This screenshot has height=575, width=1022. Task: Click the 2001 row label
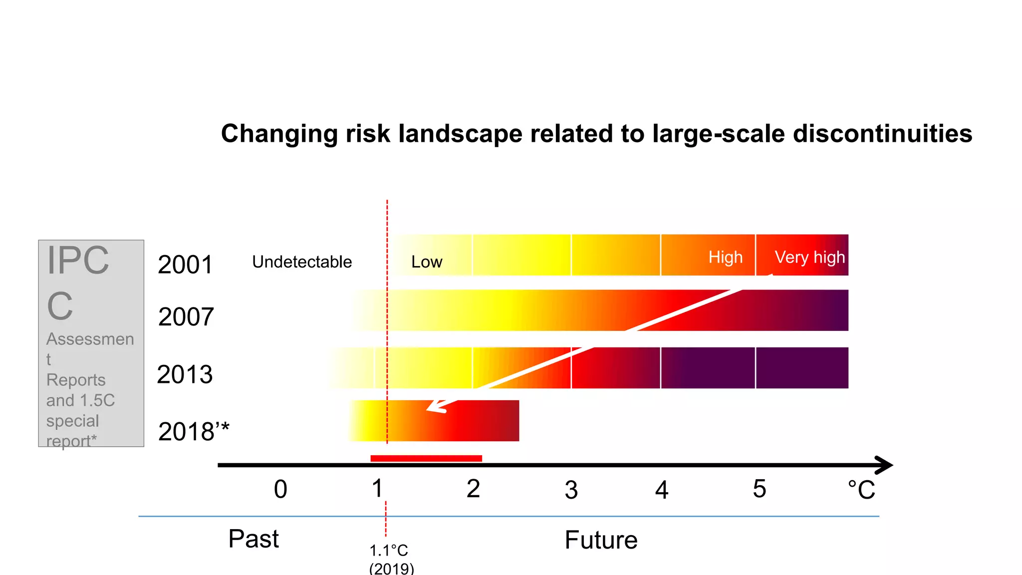click(185, 265)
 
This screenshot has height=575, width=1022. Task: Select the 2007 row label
click(186, 317)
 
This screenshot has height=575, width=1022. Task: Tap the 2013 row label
click(185, 374)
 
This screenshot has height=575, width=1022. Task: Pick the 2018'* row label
click(194, 431)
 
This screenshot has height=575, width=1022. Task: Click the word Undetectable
click(302, 262)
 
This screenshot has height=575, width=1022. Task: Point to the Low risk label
click(427, 262)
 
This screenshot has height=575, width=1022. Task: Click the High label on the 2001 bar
click(725, 258)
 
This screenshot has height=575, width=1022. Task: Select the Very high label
click(809, 258)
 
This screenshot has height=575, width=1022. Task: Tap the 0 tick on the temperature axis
click(280, 489)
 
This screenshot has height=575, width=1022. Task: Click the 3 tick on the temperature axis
click(571, 490)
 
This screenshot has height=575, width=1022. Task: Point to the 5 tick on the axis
click(759, 489)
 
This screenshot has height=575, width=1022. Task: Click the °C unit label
click(861, 490)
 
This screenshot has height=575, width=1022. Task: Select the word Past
click(254, 539)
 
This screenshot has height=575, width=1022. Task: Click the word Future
click(601, 540)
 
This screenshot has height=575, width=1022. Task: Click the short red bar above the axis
click(426, 458)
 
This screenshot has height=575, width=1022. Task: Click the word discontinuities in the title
click(882, 134)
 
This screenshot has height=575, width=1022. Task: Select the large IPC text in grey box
click(77, 261)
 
